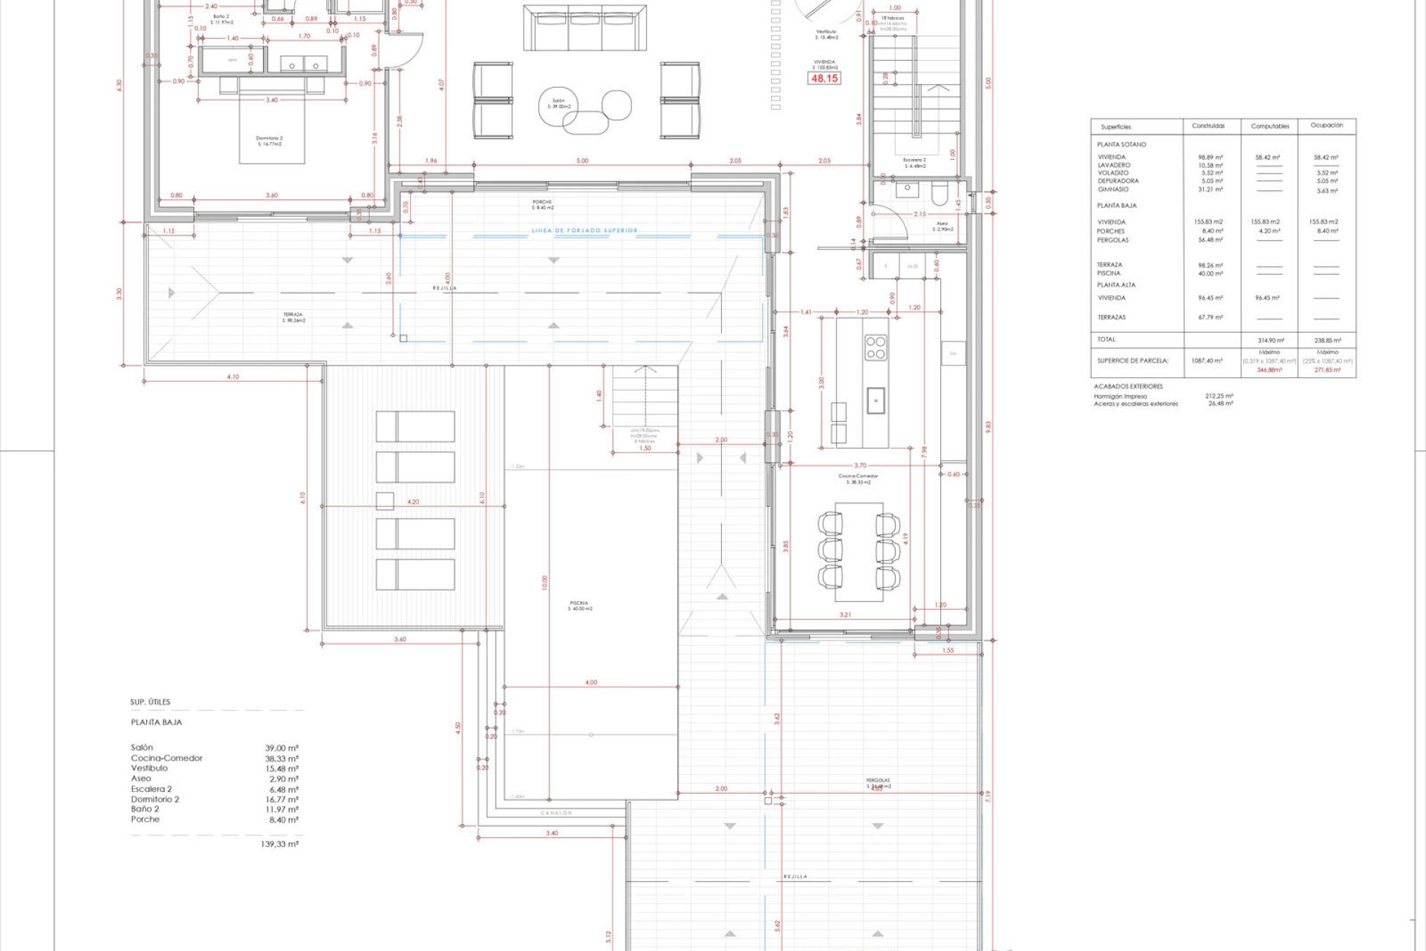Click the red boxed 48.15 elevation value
[824, 78]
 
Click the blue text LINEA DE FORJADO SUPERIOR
[584, 230]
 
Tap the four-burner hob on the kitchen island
[876, 347]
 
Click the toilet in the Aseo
[939, 194]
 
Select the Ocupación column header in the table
[1326, 126]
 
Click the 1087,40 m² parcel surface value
[1207, 360]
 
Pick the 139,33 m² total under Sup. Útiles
[279, 844]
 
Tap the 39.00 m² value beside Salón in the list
[281, 748]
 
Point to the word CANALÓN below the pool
[556, 813]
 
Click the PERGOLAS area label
[877, 781]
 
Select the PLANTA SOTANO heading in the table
[1121, 144]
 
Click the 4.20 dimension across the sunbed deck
[413, 502]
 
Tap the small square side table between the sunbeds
[385, 501]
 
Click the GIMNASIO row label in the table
[1113, 189]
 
